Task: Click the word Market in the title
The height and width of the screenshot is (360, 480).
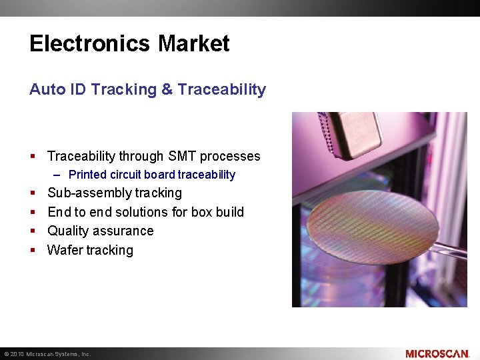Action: [x=194, y=44]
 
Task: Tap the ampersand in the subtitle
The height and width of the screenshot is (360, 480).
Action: [x=167, y=89]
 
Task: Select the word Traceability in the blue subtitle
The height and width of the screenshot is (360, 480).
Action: [x=222, y=89]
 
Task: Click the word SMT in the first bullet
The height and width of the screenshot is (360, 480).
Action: [x=182, y=156]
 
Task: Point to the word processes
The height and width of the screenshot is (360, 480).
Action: [x=230, y=156]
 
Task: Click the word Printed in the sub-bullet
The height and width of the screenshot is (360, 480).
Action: [x=87, y=175]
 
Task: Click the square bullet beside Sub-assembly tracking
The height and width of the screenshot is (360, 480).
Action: [x=33, y=193]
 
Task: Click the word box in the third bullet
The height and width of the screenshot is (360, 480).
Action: [x=202, y=212]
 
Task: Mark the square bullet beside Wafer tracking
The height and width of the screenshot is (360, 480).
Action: [x=33, y=251]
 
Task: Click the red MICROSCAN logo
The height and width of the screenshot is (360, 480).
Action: [x=437, y=353]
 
